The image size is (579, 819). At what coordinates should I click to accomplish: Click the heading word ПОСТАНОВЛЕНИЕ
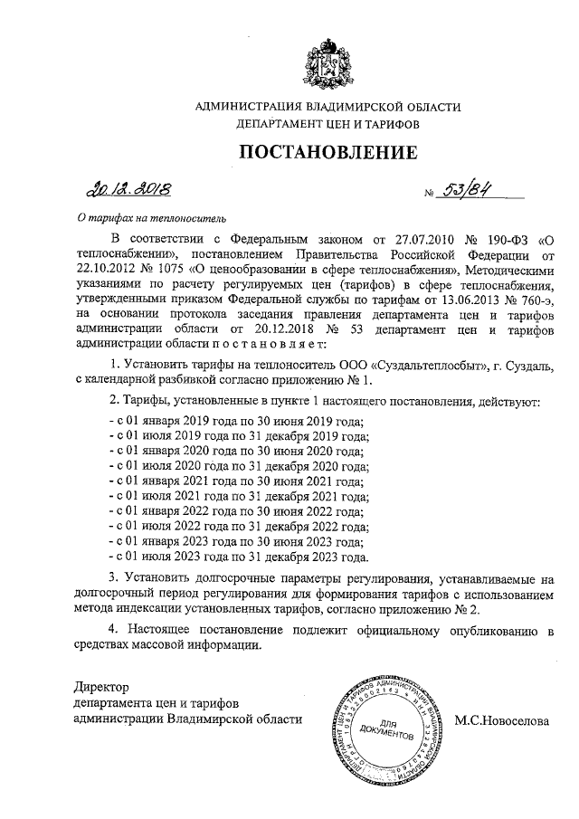pyautogui.click(x=327, y=151)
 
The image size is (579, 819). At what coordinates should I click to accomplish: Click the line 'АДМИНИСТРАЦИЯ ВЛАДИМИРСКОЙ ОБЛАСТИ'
pyautogui.click(x=327, y=107)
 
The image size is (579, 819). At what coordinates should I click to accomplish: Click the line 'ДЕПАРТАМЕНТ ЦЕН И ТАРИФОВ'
pyautogui.click(x=327, y=124)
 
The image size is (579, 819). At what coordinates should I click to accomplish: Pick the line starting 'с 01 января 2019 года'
pyautogui.click(x=235, y=422)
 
